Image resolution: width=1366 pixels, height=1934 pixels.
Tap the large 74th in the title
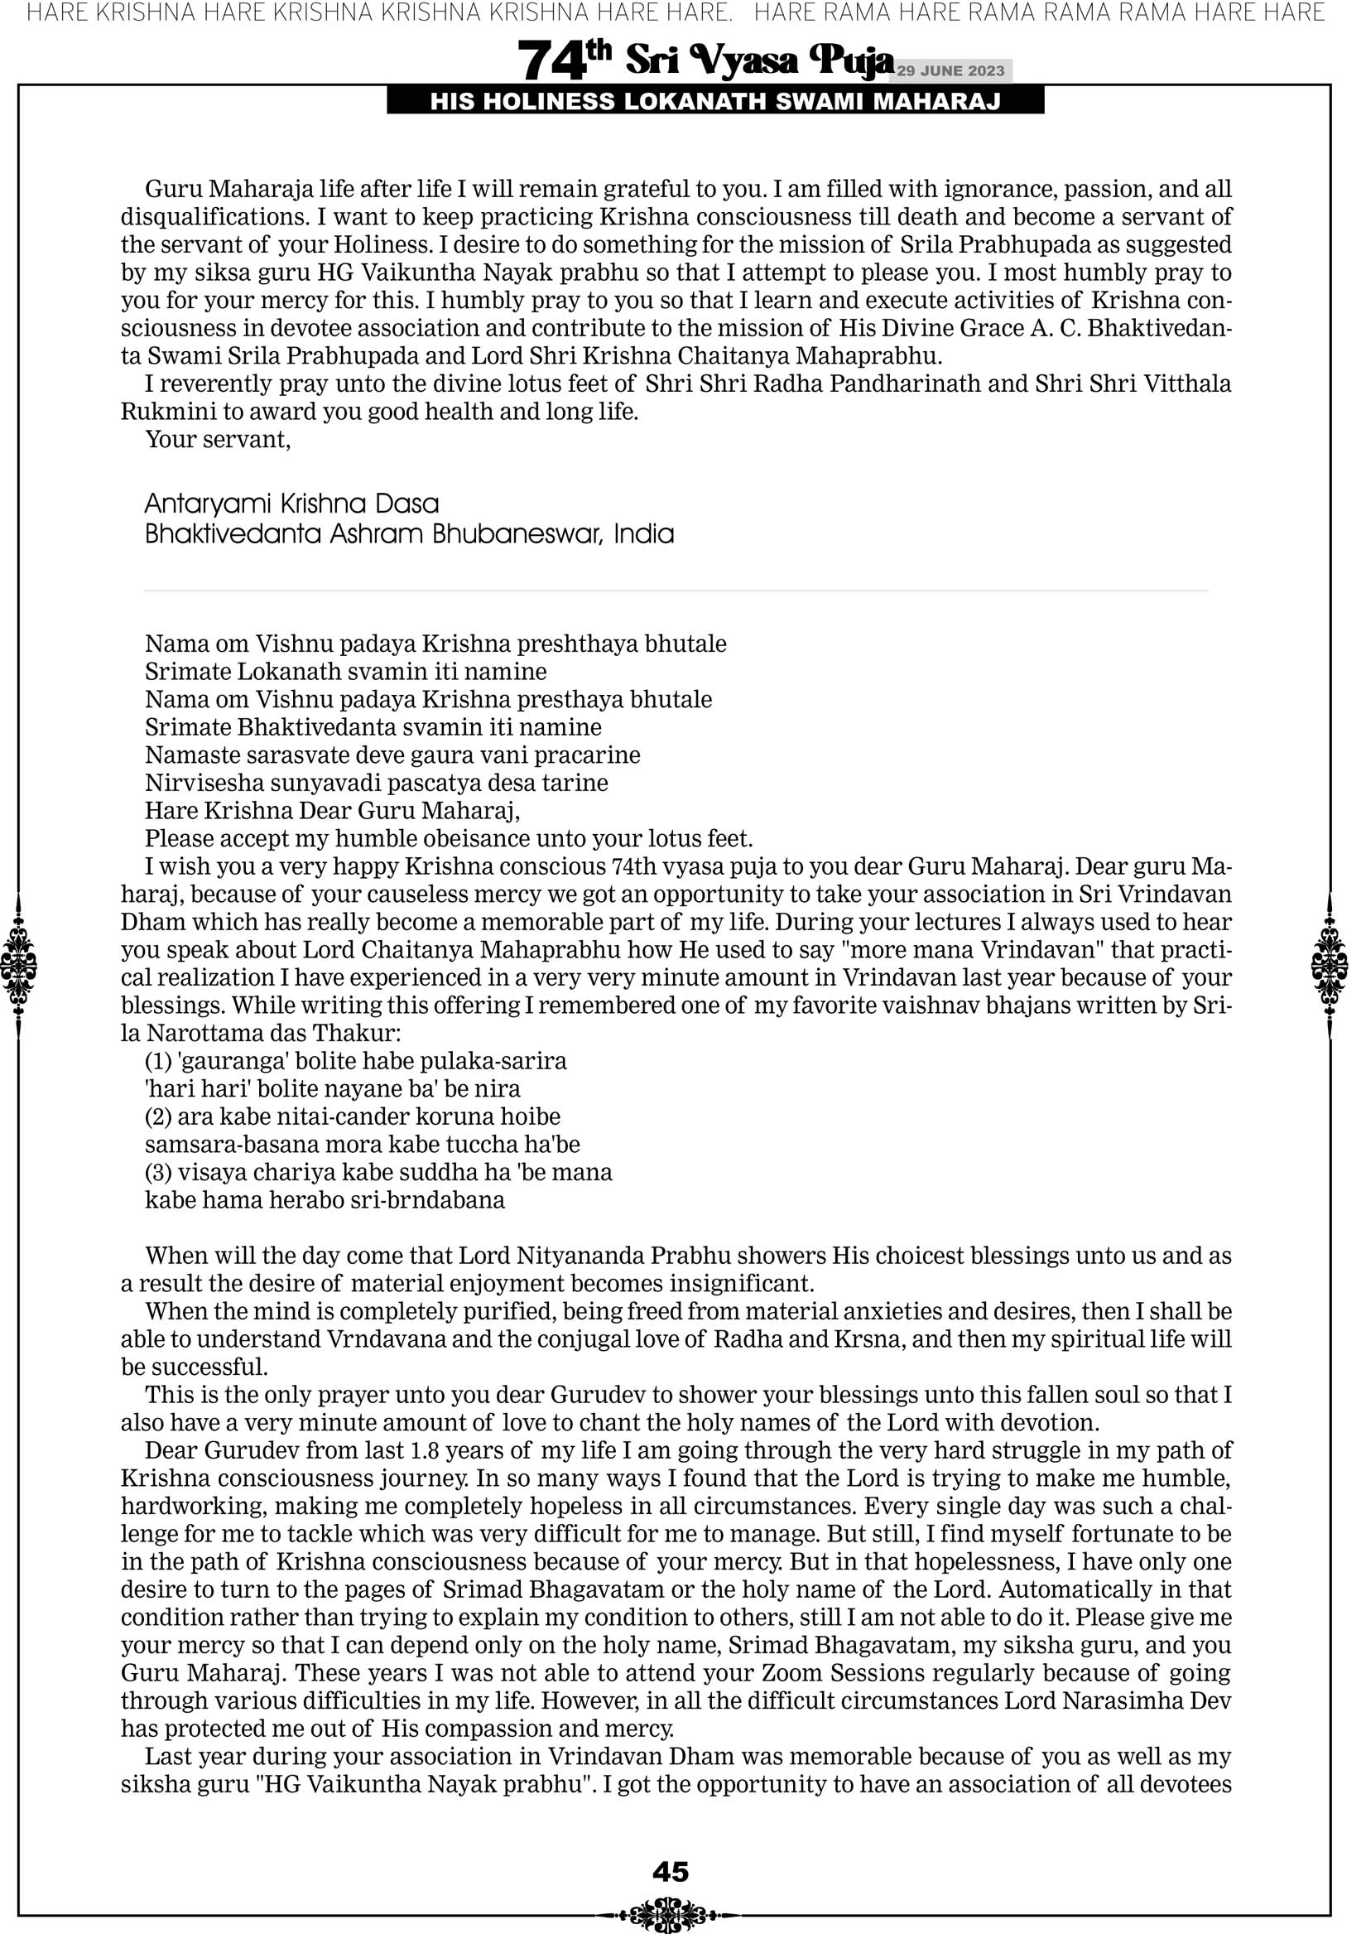tap(562, 60)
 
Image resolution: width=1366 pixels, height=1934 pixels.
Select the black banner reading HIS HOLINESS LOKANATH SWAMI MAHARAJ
tap(715, 102)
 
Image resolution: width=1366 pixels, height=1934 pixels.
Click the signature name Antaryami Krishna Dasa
tap(291, 504)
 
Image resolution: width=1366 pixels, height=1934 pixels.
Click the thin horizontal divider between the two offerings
tap(676, 591)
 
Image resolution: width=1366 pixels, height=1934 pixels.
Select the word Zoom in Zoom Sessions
tap(793, 1673)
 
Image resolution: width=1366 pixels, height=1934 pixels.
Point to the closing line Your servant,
tap(217, 440)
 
